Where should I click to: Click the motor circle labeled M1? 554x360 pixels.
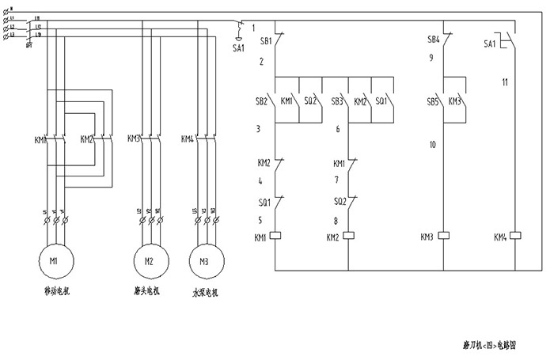click(55, 260)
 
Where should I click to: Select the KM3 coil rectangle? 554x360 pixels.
click(444, 237)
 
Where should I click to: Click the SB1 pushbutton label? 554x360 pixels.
click(265, 40)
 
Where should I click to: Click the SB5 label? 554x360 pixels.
click(433, 102)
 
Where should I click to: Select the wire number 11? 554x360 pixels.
click(504, 81)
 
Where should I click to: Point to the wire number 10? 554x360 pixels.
click(433, 145)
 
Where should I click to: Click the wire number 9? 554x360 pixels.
click(431, 58)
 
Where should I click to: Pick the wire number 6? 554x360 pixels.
click(338, 128)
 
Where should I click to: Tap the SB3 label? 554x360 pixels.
click(337, 102)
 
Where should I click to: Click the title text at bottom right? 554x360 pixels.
click(490, 345)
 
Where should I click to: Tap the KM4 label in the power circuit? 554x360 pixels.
click(188, 139)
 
